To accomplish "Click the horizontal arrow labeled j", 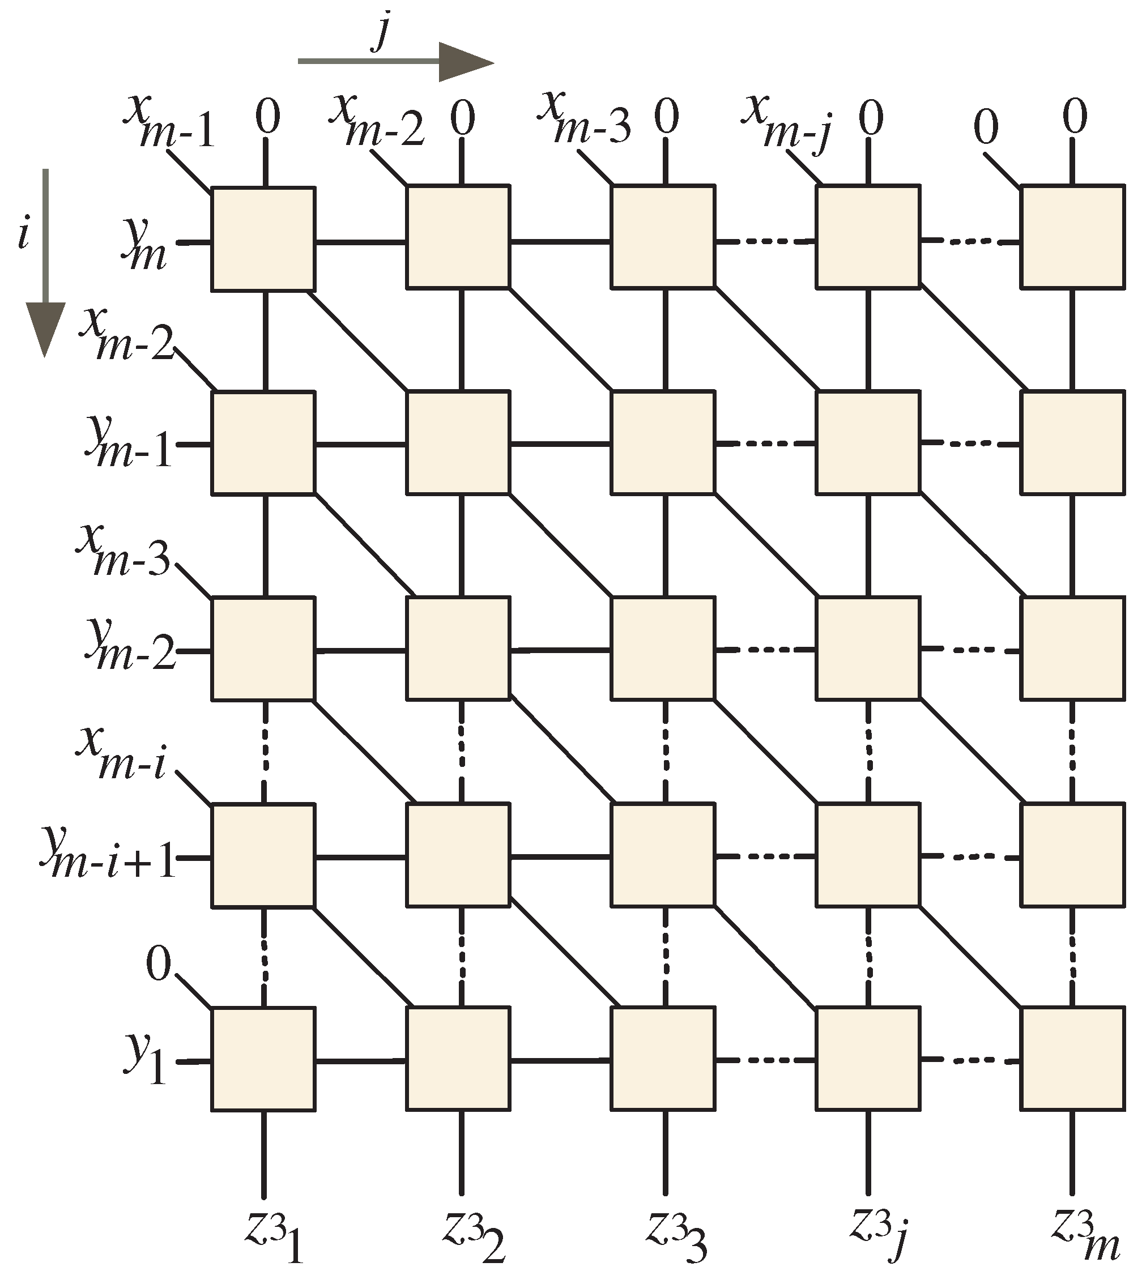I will [396, 62].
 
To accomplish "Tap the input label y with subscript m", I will [144, 244].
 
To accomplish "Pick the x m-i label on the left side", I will [121, 754].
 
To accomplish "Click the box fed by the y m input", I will [263, 239].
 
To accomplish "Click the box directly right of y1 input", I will [263, 1059].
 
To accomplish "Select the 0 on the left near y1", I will [158, 964].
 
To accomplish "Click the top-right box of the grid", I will [1072, 236].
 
